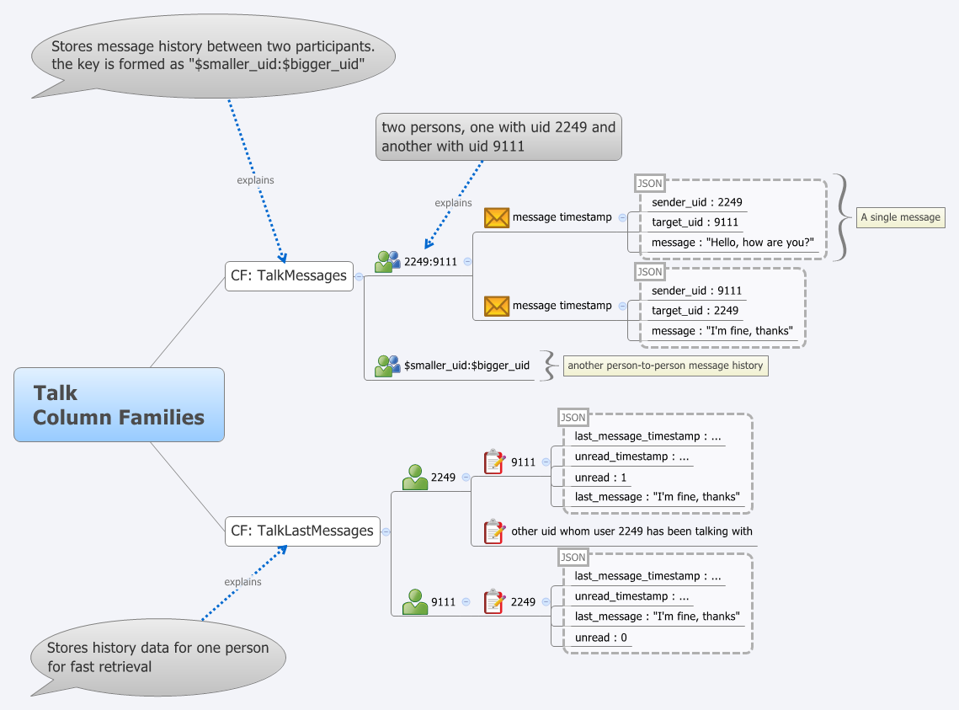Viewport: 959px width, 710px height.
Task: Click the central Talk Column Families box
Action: coord(119,404)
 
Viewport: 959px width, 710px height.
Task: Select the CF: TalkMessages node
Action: coord(289,275)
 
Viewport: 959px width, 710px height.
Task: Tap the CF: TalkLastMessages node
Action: coord(302,531)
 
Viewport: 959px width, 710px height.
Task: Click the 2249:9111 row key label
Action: coord(430,261)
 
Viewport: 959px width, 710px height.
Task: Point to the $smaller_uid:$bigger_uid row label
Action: coord(466,366)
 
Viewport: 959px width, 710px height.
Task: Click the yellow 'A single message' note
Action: coord(900,217)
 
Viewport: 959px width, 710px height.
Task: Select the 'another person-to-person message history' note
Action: coord(665,366)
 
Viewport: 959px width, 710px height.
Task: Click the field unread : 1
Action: coord(600,478)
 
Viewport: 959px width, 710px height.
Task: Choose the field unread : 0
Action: coord(600,638)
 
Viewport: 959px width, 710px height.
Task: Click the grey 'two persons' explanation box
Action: coord(498,136)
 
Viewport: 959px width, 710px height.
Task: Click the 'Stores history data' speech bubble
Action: coord(157,656)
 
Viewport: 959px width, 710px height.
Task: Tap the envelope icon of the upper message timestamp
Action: coord(497,217)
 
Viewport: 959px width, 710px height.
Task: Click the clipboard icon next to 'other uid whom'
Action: coord(494,531)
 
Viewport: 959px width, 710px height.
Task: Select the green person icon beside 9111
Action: coord(415,602)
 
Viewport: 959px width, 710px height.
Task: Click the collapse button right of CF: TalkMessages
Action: coord(359,275)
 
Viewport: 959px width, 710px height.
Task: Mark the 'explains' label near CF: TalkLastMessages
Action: coord(242,582)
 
